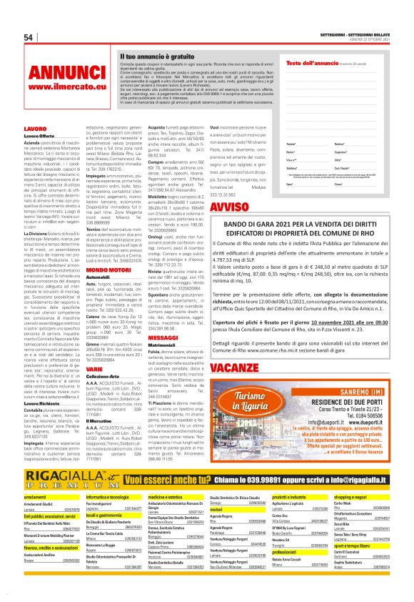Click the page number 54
tap(29, 38)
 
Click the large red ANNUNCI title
tap(67, 73)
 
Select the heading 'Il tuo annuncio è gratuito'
tap(157, 55)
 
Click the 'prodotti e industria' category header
tap(293, 476)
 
